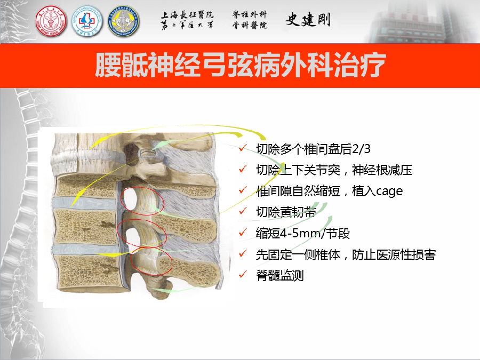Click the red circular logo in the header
pyautogui.click(x=51, y=22)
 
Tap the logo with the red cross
pyautogui.click(x=87, y=22)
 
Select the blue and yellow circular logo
pyautogui.click(x=124, y=22)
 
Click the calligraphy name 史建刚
pyautogui.click(x=308, y=20)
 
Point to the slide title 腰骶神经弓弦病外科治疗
pyautogui.click(x=241, y=65)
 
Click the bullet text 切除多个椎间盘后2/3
pyautogui.click(x=313, y=149)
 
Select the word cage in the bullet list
pyautogui.click(x=389, y=191)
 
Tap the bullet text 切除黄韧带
pyautogui.click(x=286, y=212)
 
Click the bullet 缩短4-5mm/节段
pyautogui.click(x=303, y=233)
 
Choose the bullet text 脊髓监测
pyautogui.click(x=280, y=276)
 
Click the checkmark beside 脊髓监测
pyautogui.click(x=243, y=274)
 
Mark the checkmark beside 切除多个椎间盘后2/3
pyautogui.click(x=243, y=148)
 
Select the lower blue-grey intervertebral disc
pyautogui.click(x=86, y=249)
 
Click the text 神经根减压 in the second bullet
pyautogui.click(x=382, y=170)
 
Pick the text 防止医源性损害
pyautogui.click(x=394, y=255)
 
